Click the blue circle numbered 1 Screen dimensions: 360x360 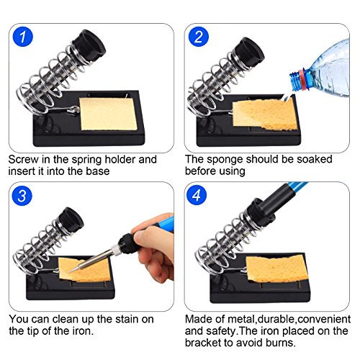pos(22,37)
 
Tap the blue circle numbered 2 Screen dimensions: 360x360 pos(199,37)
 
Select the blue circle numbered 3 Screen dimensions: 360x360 pos(22,196)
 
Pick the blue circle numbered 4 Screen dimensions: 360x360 pos(197,195)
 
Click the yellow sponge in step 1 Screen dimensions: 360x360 pos(109,114)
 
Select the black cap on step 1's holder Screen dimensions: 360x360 pos(89,46)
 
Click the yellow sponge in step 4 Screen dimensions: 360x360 pos(277,269)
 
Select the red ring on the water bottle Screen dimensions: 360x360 pos(302,80)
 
